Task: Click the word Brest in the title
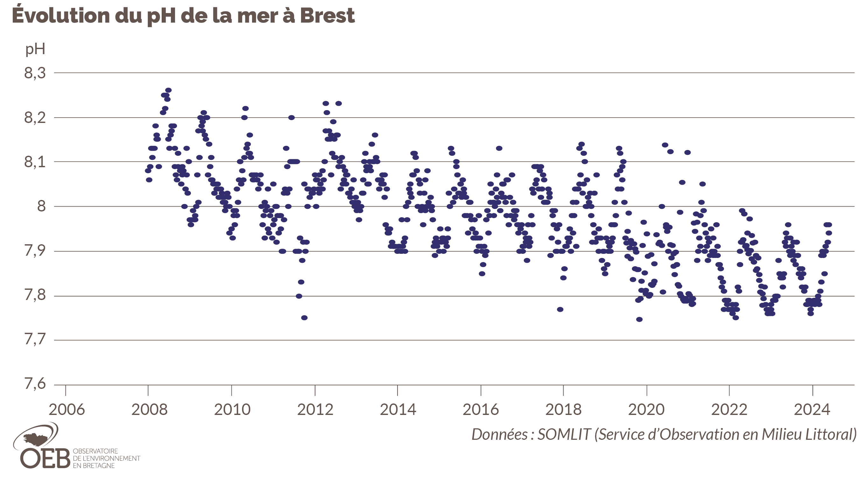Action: coord(327,16)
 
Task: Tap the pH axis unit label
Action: coord(35,49)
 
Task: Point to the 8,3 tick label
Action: coord(35,73)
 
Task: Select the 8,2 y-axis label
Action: coord(35,118)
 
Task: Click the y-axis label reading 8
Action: coord(41,206)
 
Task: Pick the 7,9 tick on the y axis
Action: coord(35,251)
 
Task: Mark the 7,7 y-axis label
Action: coord(35,340)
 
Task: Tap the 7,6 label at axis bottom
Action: coord(35,384)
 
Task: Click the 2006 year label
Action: coord(67,410)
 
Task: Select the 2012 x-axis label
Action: coord(315,410)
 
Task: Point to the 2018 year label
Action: coord(563,410)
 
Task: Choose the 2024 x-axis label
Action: coord(812,410)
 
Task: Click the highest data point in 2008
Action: coord(168,90)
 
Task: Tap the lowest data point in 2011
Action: coord(304,318)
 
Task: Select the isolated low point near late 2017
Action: coord(560,310)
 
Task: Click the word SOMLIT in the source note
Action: coord(564,434)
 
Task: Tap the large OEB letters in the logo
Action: coord(45,458)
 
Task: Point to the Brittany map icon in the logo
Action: coord(36,439)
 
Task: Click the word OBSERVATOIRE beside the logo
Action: coord(95,451)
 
